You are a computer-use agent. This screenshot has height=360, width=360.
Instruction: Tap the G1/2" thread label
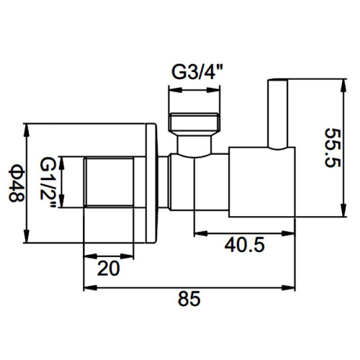(x=48, y=181)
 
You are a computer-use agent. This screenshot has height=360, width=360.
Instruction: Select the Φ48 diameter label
(x=17, y=183)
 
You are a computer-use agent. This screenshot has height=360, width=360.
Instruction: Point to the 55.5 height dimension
(x=332, y=148)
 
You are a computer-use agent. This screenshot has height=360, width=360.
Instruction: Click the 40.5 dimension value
(x=245, y=245)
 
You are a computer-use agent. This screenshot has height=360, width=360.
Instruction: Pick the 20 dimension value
(x=108, y=268)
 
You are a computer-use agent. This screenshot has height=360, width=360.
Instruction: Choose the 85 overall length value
(x=189, y=299)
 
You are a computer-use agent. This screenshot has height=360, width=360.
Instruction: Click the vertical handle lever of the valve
(x=277, y=113)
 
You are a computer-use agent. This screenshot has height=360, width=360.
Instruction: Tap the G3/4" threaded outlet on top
(x=194, y=122)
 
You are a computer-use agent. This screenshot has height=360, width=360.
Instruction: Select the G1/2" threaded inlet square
(x=109, y=181)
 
